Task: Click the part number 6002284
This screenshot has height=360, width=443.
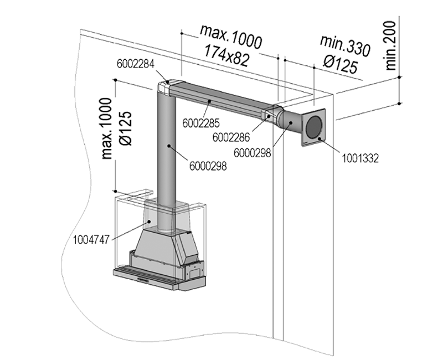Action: (136, 63)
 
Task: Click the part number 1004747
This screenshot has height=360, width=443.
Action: (92, 239)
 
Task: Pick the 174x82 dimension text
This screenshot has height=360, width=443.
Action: (226, 54)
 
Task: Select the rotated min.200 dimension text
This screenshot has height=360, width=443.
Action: (392, 44)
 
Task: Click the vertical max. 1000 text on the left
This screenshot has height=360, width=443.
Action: (107, 128)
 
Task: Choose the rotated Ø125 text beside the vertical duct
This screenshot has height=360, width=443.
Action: (125, 128)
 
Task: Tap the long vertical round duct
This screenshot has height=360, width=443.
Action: (167, 155)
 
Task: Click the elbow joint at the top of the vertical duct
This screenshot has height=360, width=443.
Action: (166, 87)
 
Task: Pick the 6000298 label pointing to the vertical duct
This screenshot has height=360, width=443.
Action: (208, 165)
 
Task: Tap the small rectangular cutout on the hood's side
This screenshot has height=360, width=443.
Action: (195, 272)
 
